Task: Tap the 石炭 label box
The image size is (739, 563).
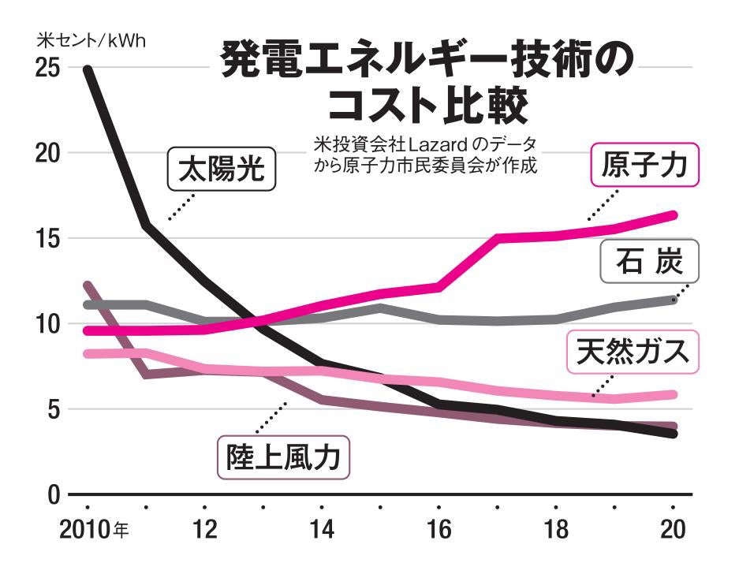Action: pos(650,261)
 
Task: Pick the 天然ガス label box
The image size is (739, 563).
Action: pos(633,351)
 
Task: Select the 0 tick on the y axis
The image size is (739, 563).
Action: pos(54,495)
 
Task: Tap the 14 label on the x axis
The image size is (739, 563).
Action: pos(322,530)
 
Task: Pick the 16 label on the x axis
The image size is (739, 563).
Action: pos(439,530)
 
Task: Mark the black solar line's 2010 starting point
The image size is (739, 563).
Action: pos(88,69)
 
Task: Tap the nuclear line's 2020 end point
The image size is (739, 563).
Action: pos(673,214)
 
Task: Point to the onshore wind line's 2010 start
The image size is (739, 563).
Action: pos(88,285)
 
